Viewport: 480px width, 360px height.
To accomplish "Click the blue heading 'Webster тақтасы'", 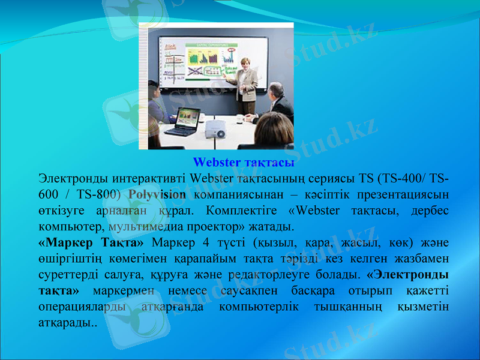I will [243, 163].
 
